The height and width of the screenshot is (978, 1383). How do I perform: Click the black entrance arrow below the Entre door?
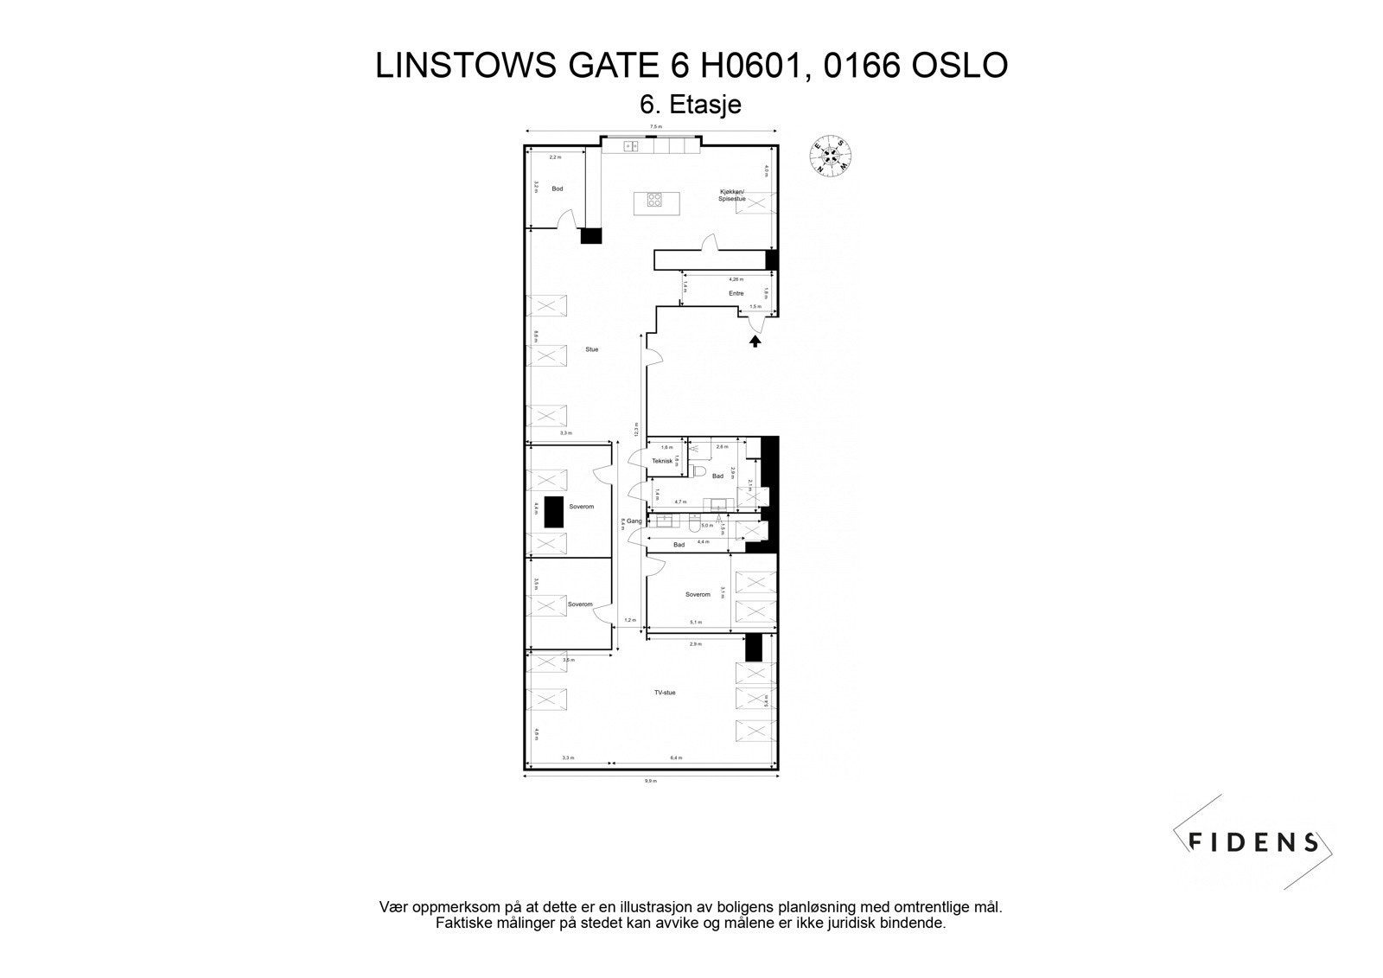[x=755, y=341]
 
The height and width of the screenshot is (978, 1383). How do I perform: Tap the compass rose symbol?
[x=831, y=156]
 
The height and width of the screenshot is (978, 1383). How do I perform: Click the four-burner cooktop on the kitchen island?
[x=655, y=202]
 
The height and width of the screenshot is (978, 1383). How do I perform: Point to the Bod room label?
[x=558, y=189]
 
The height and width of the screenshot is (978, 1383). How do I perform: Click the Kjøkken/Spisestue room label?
[x=731, y=195]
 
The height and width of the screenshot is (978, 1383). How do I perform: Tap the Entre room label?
[x=736, y=293]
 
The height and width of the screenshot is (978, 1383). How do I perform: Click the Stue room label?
[x=591, y=349]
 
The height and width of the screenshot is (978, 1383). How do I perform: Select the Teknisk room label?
[x=662, y=461]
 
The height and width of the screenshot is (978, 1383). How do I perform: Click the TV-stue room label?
[x=664, y=693]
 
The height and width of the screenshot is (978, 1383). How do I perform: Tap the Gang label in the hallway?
[x=634, y=521]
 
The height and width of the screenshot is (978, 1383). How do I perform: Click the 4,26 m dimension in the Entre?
[x=735, y=279]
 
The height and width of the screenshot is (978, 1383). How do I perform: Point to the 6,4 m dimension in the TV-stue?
[x=676, y=758]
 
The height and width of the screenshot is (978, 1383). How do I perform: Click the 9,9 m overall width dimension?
[x=650, y=781]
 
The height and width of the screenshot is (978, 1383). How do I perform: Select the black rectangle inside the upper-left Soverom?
[x=552, y=513]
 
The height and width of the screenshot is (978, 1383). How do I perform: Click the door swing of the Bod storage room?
[x=565, y=222]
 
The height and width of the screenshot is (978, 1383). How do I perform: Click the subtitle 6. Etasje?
[x=690, y=105]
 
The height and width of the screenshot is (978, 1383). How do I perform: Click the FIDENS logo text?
[x=1253, y=841]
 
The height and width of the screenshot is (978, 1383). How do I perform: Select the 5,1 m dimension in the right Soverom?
[x=696, y=622]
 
